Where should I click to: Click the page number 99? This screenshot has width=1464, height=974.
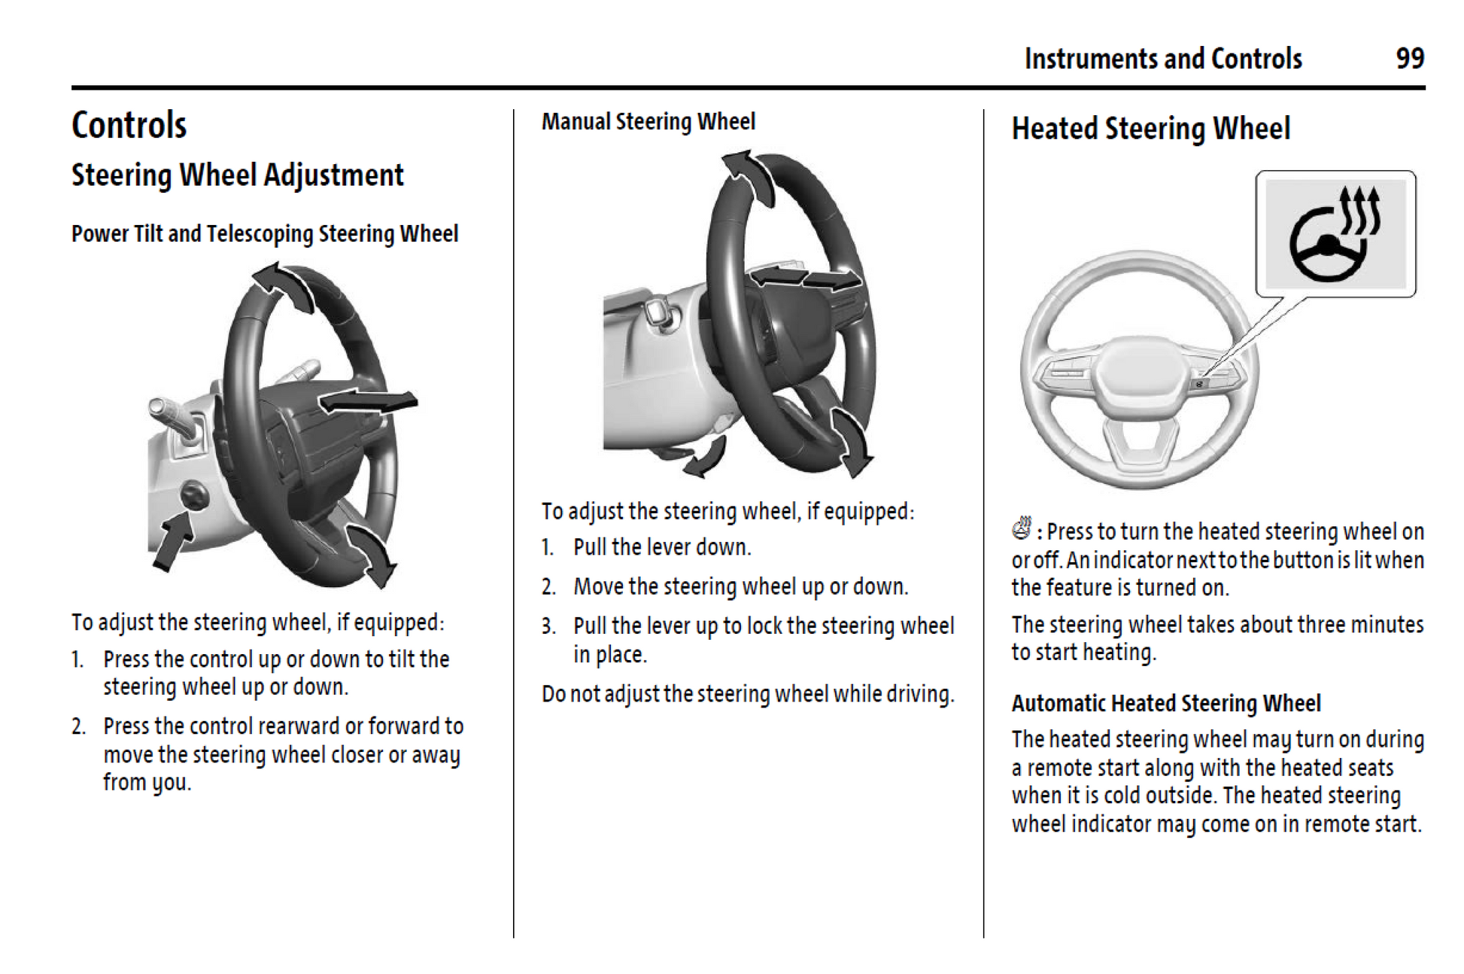(1409, 59)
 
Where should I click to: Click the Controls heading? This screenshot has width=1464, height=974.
(129, 125)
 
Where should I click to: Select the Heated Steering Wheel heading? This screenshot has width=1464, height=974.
(1150, 129)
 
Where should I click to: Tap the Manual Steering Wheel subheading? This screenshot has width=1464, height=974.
(648, 122)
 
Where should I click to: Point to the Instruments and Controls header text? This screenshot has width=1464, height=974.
(1162, 59)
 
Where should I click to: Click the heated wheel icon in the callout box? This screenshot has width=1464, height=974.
(1335, 234)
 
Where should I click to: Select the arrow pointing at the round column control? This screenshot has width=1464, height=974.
(172, 539)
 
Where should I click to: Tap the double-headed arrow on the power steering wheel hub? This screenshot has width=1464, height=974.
(368, 402)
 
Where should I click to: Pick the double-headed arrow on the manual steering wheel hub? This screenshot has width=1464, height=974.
(806, 278)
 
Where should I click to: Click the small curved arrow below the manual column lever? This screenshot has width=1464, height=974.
(706, 458)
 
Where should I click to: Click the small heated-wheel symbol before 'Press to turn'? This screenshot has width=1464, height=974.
(1022, 528)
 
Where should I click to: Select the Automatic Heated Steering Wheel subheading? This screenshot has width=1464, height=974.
(1165, 703)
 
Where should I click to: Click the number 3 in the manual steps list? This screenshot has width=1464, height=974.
(548, 626)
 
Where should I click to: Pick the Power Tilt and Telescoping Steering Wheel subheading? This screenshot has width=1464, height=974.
(264, 234)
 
